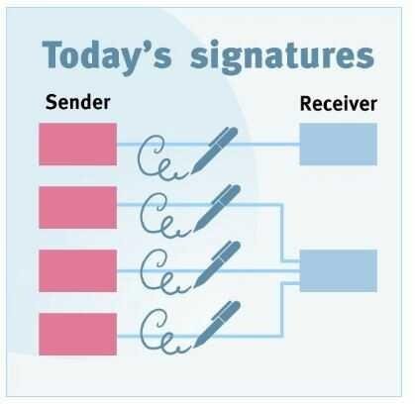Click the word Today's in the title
(107, 56)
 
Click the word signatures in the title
(282, 56)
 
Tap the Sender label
(78, 102)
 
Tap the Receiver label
(339, 104)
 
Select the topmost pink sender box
(78, 145)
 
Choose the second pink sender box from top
(78, 208)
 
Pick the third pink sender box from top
(78, 271)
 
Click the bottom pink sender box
(78, 335)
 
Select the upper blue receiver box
(339, 145)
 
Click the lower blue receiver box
(339, 271)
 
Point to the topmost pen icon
(215, 151)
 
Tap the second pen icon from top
(217, 208)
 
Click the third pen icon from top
(217, 264)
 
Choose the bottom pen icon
(217, 325)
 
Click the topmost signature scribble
(161, 157)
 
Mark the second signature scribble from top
(164, 216)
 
